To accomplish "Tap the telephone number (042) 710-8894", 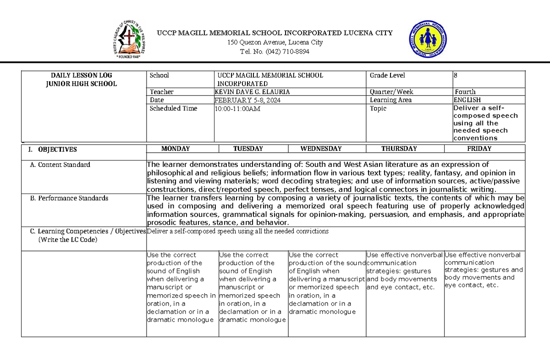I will tap(275, 51).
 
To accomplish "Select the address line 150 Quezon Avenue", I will tap(275, 42).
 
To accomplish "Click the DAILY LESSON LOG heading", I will tap(82, 75).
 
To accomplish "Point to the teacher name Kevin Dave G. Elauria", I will tap(252, 92).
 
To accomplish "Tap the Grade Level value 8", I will tap(456, 75).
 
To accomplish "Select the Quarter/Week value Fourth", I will tap(465, 92).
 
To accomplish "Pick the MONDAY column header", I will tap(176, 149).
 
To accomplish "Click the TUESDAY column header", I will tap(248, 149).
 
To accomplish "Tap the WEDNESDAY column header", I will tap(321, 149).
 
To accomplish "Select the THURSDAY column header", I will tap(399, 149).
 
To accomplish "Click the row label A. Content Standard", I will tap(60, 165).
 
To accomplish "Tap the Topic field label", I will tap(378, 109).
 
